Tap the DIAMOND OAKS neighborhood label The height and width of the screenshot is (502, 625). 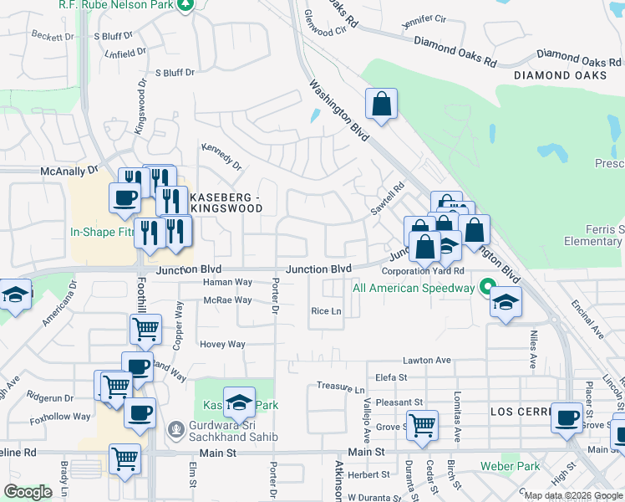pyautogui.click(x=560, y=75)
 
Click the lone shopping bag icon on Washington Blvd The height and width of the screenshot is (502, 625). pyautogui.click(x=381, y=105)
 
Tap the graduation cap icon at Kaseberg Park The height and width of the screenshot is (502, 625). pyautogui.click(x=239, y=402)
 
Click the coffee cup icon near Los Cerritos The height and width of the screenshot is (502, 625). pyautogui.click(x=567, y=417)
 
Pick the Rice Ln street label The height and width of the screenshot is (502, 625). pyautogui.click(x=327, y=311)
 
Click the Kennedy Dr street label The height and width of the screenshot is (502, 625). pyautogui.click(x=221, y=155)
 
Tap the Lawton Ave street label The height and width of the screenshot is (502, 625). pyautogui.click(x=426, y=361)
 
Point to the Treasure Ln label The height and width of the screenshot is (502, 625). pyautogui.click(x=341, y=389)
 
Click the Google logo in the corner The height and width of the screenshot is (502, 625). pyautogui.click(x=28, y=492)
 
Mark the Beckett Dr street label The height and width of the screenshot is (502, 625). pyautogui.click(x=52, y=37)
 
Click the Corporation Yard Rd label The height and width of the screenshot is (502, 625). pyautogui.click(x=423, y=271)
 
